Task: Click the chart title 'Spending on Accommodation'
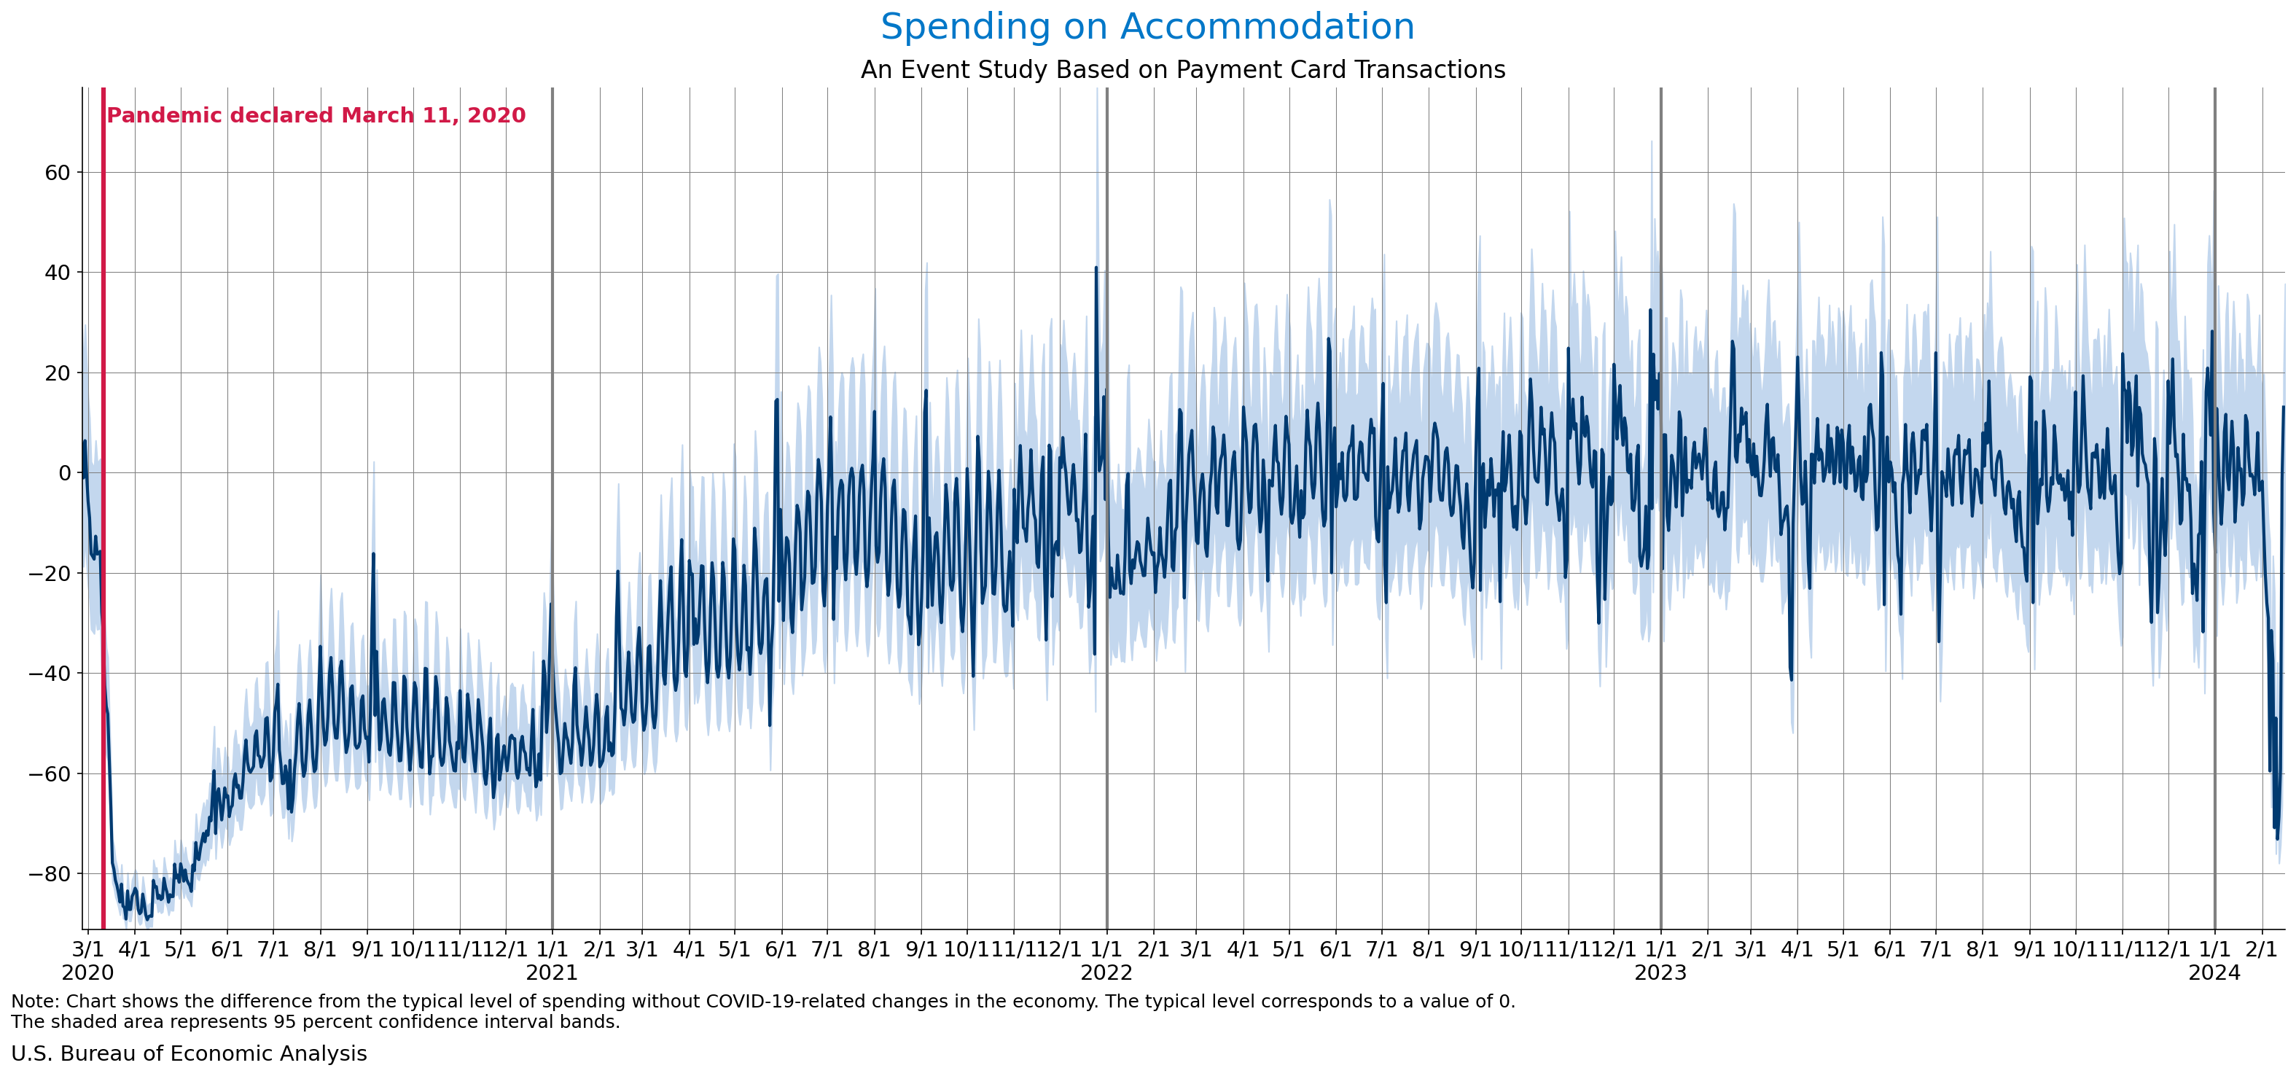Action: point(1147,27)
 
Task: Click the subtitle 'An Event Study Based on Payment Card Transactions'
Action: point(1183,69)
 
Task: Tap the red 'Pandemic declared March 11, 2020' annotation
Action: point(316,116)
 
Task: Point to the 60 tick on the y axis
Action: point(57,173)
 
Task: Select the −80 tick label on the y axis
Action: point(50,873)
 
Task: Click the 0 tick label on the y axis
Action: point(64,473)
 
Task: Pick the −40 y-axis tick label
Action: point(50,673)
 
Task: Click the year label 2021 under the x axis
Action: point(552,972)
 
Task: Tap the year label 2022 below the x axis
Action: point(1106,972)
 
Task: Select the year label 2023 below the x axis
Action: point(1660,972)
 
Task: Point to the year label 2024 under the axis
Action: point(2214,972)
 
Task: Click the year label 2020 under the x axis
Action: point(87,972)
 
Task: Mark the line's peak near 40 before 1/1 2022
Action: point(1096,268)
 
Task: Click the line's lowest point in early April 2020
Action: point(125,919)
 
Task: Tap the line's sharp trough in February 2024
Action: point(2276,838)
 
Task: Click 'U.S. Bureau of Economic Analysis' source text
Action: point(189,1053)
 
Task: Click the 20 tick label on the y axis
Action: point(57,373)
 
